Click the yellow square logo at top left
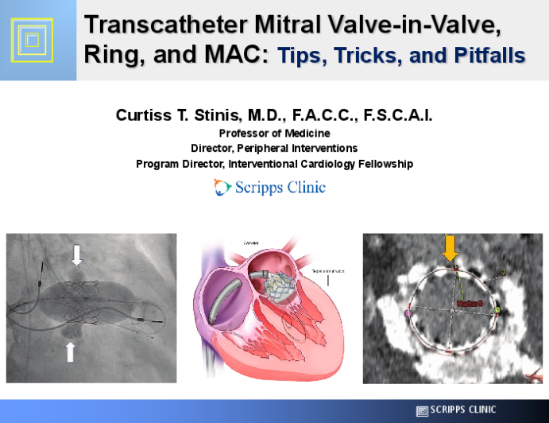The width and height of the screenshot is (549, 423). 29,38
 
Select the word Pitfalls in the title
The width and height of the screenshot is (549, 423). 490,56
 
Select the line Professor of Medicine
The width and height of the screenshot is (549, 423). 274,133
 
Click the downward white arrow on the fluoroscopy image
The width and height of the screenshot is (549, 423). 76,254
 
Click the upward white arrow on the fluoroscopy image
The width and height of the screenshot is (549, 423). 70,350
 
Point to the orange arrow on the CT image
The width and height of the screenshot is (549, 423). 450,249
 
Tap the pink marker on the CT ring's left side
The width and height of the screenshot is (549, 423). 408,314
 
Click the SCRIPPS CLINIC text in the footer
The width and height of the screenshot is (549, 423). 462,410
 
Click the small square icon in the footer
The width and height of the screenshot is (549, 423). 422,410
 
